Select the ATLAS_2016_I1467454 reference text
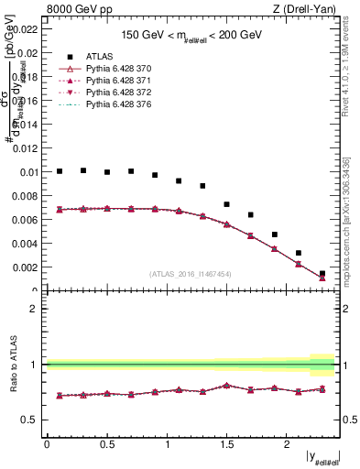[191, 273]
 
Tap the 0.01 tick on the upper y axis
[28, 172]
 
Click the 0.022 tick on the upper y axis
[26, 29]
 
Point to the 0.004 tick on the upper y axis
[26, 244]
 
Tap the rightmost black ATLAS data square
[322, 273]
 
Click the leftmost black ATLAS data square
[60, 170]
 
